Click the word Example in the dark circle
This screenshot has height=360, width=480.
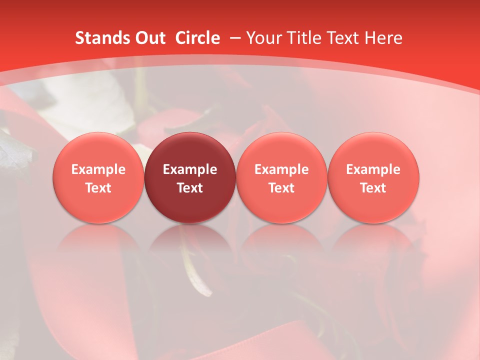pos(190,169)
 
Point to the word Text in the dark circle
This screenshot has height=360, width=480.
pos(190,188)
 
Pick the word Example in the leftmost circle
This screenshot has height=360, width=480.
pos(98,169)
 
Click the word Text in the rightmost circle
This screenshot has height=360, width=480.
pos(373,188)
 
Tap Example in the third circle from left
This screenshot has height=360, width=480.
pos(281,169)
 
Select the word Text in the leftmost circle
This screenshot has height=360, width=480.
pos(98,188)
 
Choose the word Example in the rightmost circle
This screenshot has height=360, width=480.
pos(373,169)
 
